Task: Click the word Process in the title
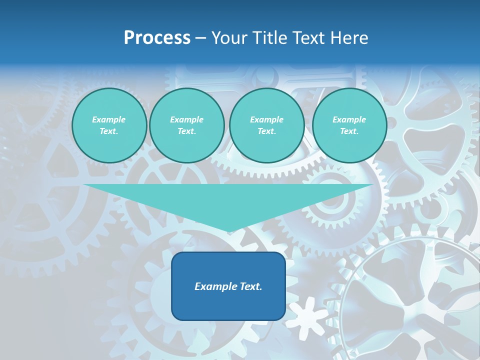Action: pos(157,38)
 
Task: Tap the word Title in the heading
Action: pos(271,38)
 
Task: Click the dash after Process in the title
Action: pos(200,38)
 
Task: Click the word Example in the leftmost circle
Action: pos(109,119)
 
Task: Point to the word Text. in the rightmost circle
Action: pos(349,131)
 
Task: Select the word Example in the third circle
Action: pos(266,119)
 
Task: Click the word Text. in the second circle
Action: pos(186,131)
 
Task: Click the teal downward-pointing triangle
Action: pos(228,200)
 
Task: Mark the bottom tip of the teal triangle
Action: pos(228,231)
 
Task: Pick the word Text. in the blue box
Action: pos(251,286)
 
